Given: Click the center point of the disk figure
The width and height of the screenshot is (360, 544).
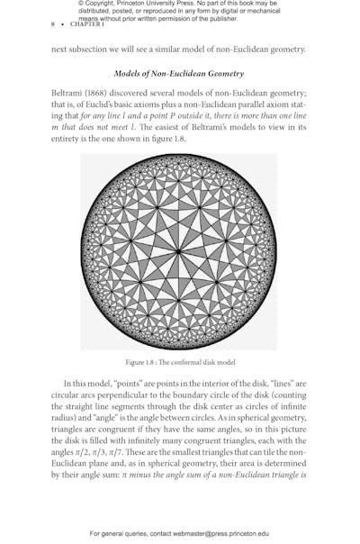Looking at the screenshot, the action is (x=179, y=251).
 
